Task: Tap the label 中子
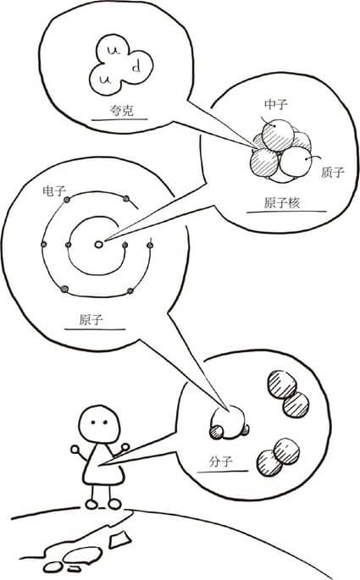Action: (x=276, y=104)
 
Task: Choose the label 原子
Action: (x=90, y=321)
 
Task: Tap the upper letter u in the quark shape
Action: (x=114, y=54)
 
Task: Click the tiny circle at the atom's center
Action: (x=99, y=245)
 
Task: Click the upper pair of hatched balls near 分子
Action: (x=288, y=393)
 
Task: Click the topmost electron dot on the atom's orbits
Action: (x=125, y=198)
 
